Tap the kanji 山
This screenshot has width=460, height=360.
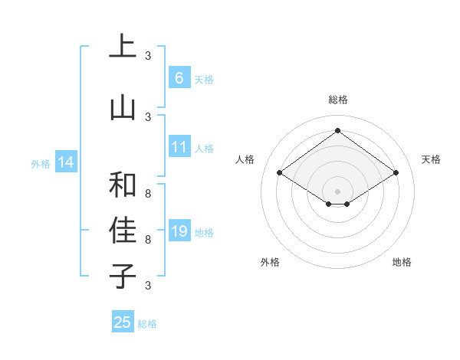(x=123, y=108)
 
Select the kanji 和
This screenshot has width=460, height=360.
(x=123, y=185)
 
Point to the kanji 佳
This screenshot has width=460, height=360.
(x=123, y=231)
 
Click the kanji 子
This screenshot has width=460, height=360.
(x=123, y=276)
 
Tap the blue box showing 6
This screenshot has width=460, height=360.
(x=179, y=78)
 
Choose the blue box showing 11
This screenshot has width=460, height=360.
(x=179, y=147)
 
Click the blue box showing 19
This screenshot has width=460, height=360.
(x=179, y=231)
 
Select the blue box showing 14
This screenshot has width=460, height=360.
(x=65, y=162)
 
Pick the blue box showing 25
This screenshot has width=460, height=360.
(x=123, y=322)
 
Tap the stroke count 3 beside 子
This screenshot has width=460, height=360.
(x=148, y=286)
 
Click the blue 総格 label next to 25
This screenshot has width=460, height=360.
(x=147, y=324)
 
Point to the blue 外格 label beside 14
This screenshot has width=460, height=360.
(x=40, y=163)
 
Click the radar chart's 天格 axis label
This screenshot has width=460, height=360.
(x=431, y=159)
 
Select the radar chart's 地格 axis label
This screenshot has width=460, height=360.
(x=402, y=262)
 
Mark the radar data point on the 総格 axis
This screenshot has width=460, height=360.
(x=337, y=130)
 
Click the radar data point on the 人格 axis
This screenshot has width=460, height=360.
(x=280, y=173)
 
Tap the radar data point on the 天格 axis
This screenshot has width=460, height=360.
(x=396, y=173)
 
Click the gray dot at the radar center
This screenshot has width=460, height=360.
(x=337, y=191)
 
